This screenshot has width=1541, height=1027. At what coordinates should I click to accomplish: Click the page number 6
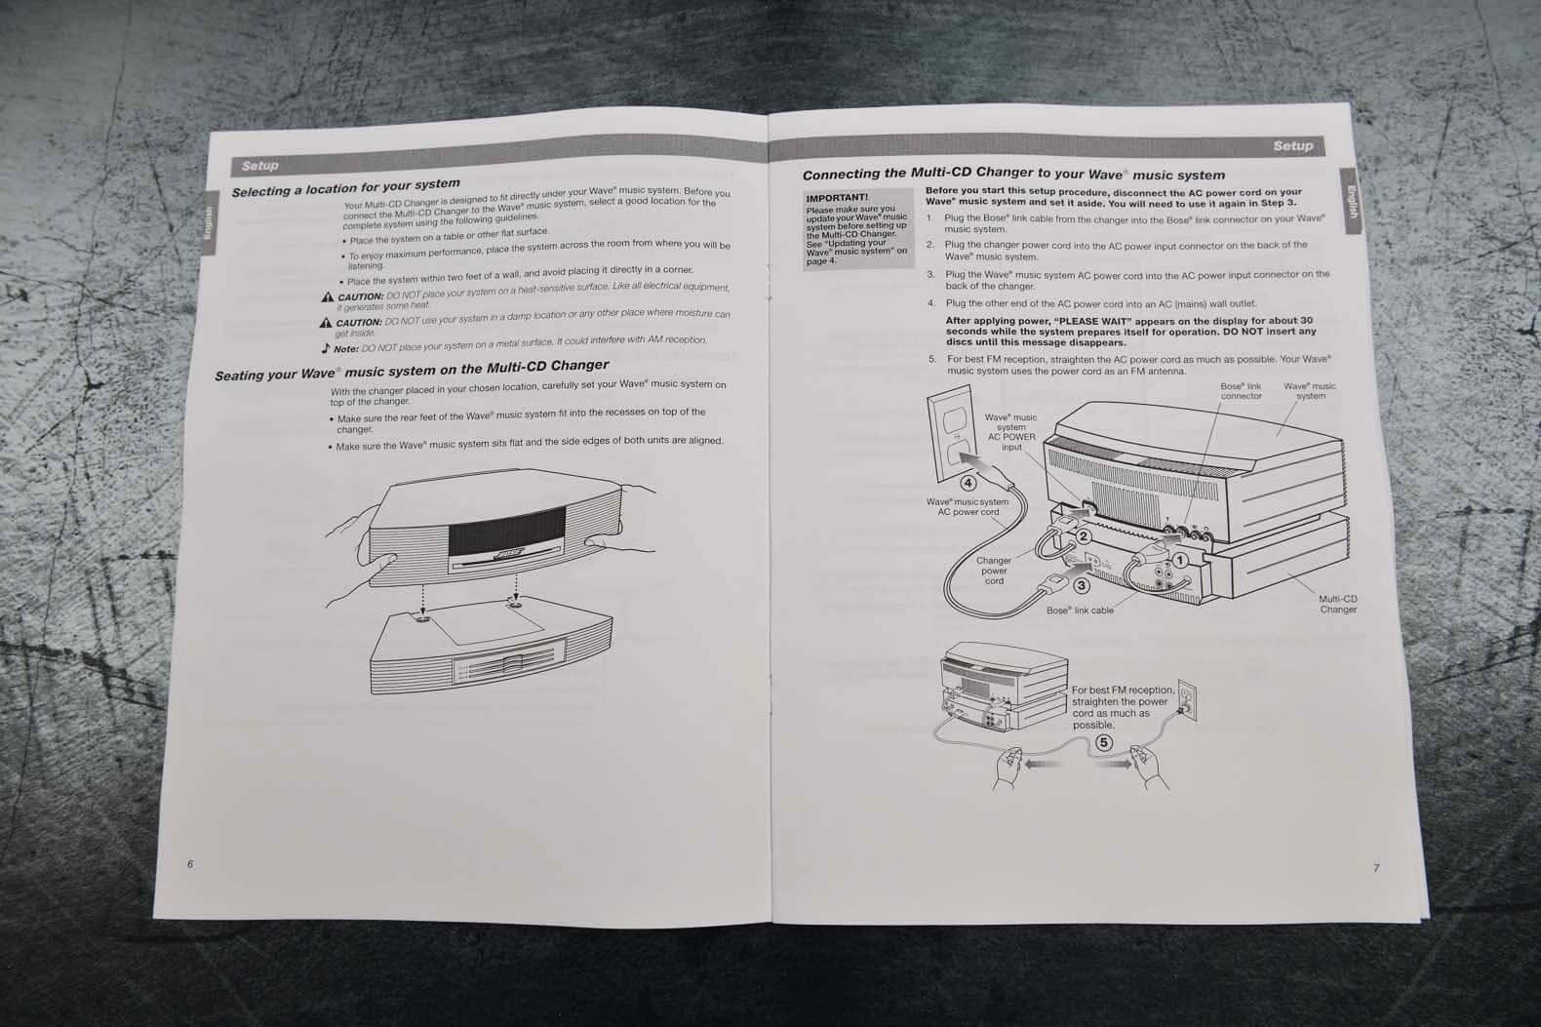click(x=190, y=864)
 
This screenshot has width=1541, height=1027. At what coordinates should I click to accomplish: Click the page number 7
click(x=1376, y=868)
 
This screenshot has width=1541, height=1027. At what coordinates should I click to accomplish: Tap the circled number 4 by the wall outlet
click(x=968, y=482)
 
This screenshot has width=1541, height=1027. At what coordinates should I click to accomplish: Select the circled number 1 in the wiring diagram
click(x=1179, y=561)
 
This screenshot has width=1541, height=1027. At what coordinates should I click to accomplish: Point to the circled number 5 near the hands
click(x=1103, y=742)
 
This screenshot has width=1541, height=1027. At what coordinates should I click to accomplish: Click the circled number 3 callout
click(x=1081, y=585)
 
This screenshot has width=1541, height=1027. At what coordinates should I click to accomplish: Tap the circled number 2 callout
click(x=1083, y=535)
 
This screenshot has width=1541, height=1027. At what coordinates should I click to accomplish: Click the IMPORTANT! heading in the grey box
click(x=837, y=197)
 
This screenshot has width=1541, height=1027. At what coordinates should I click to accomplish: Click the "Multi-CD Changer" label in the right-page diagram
click(x=1337, y=604)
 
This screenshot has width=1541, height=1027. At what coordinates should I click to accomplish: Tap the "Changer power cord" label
click(x=994, y=571)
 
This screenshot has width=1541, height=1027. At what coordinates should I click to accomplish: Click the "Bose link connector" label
click(x=1241, y=391)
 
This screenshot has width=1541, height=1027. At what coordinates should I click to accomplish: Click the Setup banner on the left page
click(x=260, y=166)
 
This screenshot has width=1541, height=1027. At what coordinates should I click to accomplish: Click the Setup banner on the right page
click(x=1292, y=146)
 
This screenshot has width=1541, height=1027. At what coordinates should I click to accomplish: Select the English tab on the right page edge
click(x=1351, y=207)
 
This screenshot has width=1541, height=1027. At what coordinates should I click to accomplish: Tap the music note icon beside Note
click(x=326, y=347)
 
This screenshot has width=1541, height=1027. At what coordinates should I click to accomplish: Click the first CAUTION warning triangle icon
click(x=328, y=296)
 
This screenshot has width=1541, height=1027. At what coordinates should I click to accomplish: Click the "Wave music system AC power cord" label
click(x=968, y=506)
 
